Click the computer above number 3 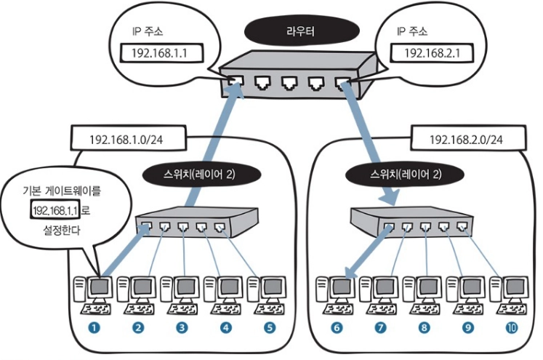click(182, 295)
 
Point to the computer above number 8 click(425, 295)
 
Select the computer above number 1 click(94, 295)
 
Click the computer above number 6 click(337, 295)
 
